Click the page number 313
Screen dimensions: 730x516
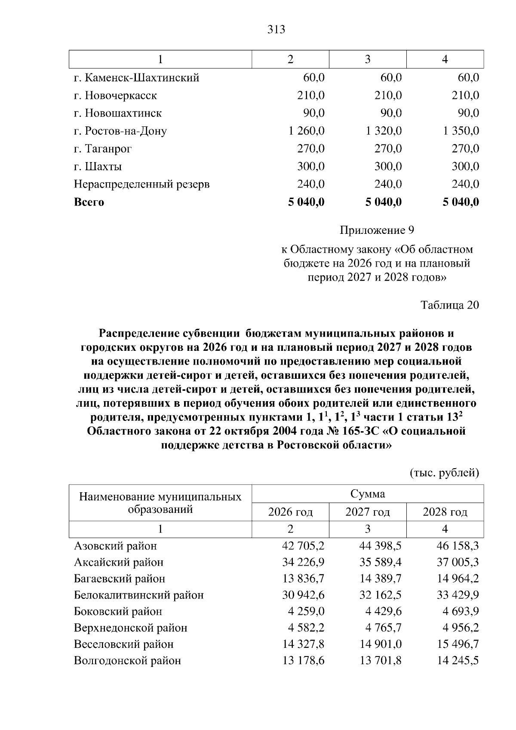point(276,30)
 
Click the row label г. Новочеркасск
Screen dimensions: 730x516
point(115,95)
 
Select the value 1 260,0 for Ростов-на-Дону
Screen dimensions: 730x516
point(306,131)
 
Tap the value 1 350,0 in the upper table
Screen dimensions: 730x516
point(461,131)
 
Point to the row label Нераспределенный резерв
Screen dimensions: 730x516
point(142,184)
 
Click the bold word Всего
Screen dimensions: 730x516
point(89,202)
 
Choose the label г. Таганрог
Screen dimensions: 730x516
point(103,149)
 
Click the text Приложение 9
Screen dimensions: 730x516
point(377,230)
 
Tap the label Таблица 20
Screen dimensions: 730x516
point(450,305)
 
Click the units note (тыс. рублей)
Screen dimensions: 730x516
point(444,473)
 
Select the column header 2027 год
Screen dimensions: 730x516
point(368,512)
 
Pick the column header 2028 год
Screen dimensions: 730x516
point(445,512)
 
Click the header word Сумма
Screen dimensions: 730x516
point(368,494)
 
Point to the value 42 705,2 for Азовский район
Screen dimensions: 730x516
point(303,546)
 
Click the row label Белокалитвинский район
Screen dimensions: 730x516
point(139,595)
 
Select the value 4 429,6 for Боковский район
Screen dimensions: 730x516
point(384,611)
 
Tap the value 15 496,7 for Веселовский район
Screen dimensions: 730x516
point(458,644)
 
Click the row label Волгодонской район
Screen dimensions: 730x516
point(127,660)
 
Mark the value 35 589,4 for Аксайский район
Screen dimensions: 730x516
point(380,562)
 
